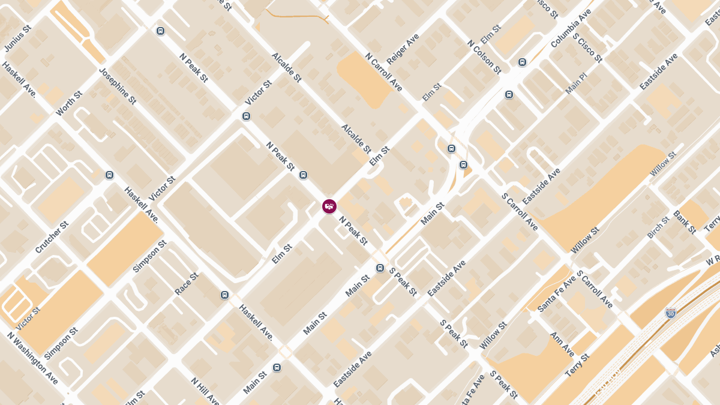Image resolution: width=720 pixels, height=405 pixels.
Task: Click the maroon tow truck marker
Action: point(329,206)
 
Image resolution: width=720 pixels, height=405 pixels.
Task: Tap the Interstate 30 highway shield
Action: point(671,313)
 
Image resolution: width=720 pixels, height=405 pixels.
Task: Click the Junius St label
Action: point(17,38)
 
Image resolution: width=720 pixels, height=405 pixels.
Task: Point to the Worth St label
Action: point(68,104)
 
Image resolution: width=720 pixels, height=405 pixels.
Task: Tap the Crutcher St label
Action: point(52,237)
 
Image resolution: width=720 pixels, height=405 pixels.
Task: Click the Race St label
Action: point(186,284)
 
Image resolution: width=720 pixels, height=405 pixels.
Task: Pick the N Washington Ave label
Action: point(32,358)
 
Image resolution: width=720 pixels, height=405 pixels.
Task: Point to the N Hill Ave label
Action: point(205,391)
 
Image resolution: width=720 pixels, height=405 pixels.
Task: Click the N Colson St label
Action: point(484,57)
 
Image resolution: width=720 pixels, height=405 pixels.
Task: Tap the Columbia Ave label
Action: point(571,28)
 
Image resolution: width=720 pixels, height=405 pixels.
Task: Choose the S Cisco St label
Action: point(587,47)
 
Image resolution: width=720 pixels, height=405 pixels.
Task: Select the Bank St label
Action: point(685,222)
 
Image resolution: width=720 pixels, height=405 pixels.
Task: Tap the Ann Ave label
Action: point(562,344)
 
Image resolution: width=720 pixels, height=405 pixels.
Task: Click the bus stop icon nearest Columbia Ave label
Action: point(522,62)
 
